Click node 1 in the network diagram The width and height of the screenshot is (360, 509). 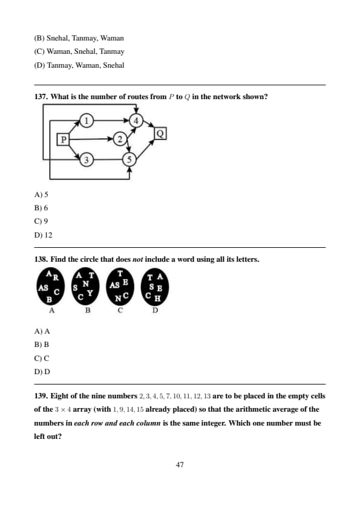pos(86,121)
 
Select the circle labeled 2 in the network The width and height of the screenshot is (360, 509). pos(120,139)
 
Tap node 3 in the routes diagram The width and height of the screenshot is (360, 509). pos(86,160)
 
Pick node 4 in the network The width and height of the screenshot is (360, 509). pos(136,121)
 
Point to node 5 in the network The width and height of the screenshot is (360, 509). pos(129,160)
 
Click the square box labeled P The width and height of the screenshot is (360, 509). pos(64,140)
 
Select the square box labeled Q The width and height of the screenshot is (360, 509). pos(160,133)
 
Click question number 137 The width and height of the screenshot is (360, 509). pos(41,97)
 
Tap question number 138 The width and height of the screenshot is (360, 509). pos(41,259)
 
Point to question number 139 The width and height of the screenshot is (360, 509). pos(41,396)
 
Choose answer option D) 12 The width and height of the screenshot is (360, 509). pos(43,235)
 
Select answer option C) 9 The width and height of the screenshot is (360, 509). pos(41,221)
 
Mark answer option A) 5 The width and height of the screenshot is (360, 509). pos(41,195)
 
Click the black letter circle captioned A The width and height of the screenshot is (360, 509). pos(51,287)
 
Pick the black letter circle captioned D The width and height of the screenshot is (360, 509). pos(155,287)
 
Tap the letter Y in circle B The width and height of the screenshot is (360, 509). pos(90,293)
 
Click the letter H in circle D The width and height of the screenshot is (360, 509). pos(157,298)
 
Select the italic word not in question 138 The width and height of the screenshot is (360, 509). pos(138,259)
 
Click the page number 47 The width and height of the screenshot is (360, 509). pos(180,465)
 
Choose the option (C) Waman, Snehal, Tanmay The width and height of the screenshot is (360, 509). pos(79,51)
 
